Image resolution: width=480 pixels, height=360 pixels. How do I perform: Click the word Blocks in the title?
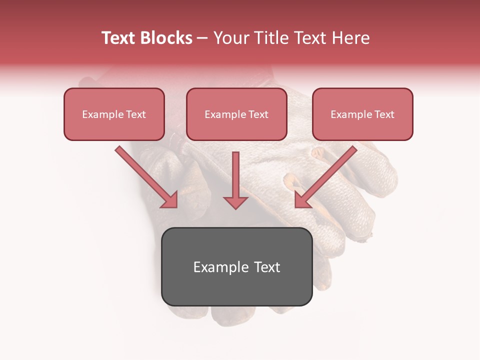tap(166, 38)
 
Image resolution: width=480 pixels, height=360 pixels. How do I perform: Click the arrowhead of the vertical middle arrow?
tap(235, 202)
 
